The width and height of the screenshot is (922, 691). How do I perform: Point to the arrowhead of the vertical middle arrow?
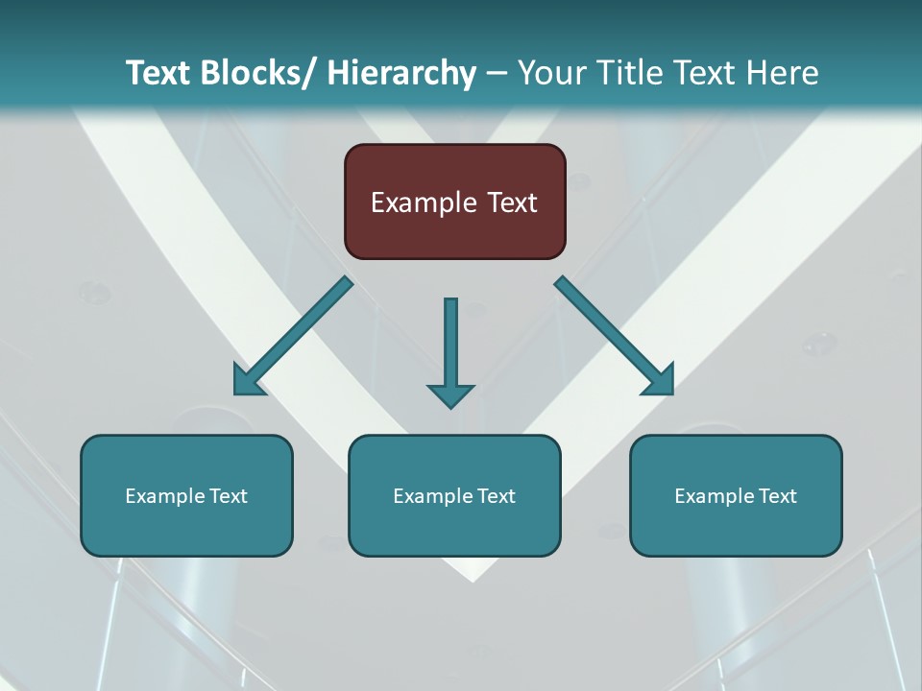pos(450,394)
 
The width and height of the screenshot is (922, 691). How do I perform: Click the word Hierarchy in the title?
pos(401,73)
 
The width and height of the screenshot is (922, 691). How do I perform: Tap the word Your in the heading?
pos(552,73)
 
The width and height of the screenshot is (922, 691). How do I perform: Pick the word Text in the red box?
pos(511,203)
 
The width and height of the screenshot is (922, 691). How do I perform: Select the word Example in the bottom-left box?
pos(165,496)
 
